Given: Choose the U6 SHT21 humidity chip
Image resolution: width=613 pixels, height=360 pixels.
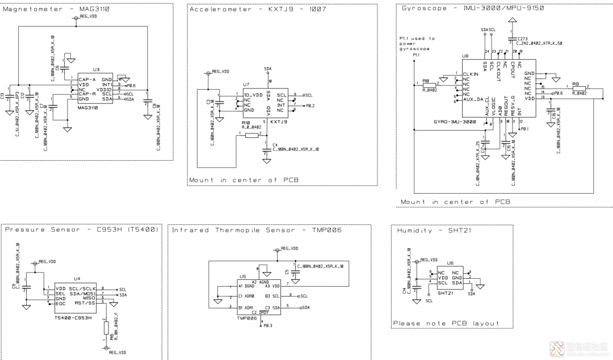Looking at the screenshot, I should pos(449,278).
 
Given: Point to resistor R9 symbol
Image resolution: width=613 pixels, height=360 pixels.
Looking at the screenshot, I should pos(578,87).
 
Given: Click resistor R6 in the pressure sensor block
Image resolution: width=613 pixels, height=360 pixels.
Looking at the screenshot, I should pos(106,328).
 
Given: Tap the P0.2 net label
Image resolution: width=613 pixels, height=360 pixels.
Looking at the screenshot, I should pos(309,106).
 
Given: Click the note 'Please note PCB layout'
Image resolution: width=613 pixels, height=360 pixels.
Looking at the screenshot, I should pos(446,323).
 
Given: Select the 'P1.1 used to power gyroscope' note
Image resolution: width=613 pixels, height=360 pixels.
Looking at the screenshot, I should pos(417,44).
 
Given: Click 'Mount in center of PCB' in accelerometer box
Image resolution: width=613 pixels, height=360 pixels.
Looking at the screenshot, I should pos(243,180).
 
